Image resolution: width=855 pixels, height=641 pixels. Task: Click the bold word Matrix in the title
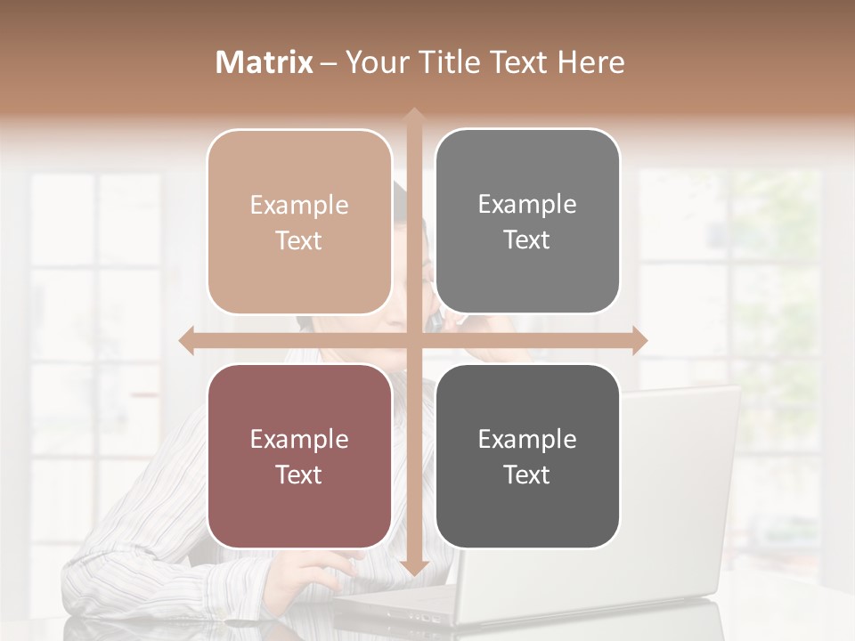265,62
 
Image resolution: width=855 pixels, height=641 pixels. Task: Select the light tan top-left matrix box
299,222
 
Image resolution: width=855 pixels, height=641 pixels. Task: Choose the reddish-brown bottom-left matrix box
299,456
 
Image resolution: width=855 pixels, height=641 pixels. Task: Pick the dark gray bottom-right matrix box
527,456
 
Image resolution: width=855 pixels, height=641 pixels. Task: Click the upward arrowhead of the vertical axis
413,116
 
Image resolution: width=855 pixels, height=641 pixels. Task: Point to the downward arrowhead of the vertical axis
413,568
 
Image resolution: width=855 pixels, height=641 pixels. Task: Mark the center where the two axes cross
413,341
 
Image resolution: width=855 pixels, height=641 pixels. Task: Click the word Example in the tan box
299,206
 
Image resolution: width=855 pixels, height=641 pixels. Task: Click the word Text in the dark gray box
527,475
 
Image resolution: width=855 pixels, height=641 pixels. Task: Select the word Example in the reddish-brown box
299,439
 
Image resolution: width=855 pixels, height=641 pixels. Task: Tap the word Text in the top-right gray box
527,240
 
